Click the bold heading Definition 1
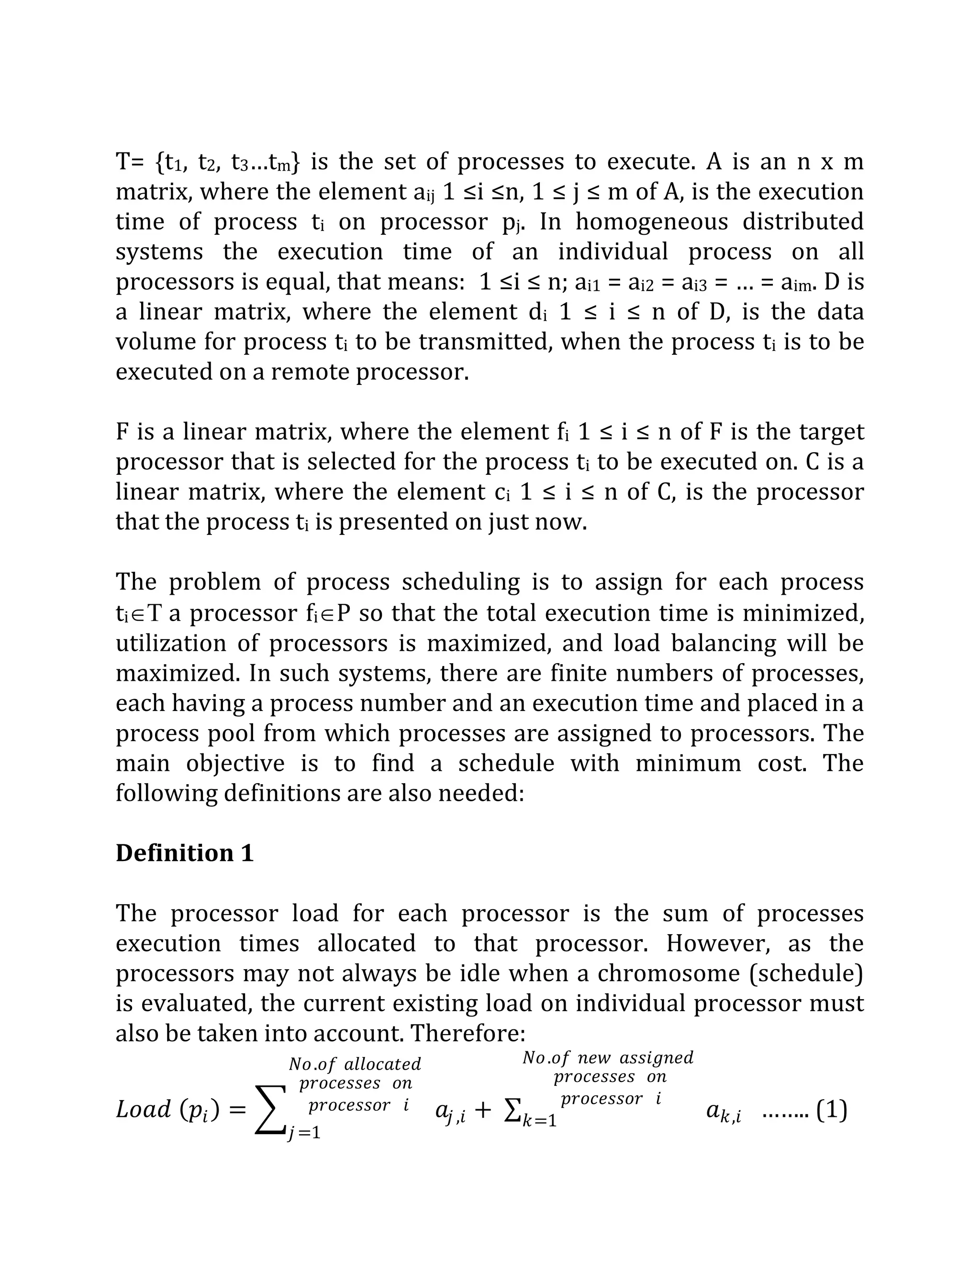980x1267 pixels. (x=185, y=853)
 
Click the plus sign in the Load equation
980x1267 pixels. (x=482, y=1110)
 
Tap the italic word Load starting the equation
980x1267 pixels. (x=144, y=1109)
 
